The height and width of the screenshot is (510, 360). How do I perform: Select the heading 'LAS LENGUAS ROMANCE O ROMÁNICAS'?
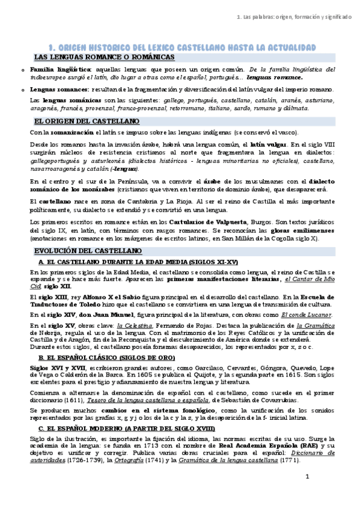click(105, 57)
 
